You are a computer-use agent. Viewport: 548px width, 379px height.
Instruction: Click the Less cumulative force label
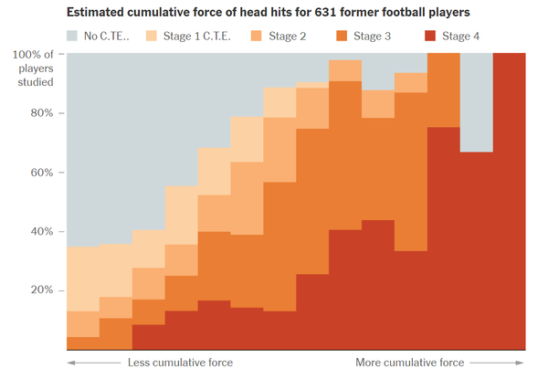click(x=180, y=363)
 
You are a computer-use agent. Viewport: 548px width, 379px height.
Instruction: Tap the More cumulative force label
click(x=409, y=363)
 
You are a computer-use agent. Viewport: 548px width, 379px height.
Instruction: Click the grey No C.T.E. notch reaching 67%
click(x=476, y=100)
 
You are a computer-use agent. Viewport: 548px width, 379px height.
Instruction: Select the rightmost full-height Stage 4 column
click(x=509, y=201)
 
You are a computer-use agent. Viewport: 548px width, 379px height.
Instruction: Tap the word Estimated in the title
click(x=95, y=12)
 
